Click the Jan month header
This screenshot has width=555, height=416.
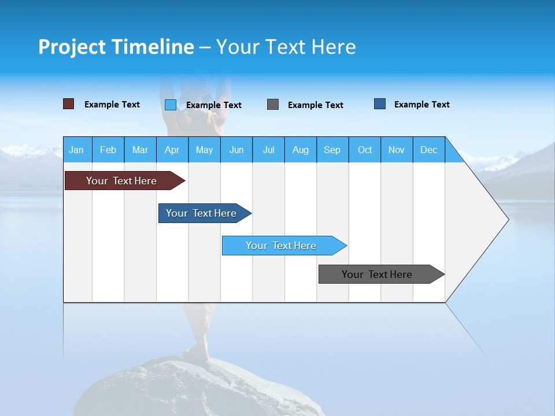click(x=77, y=150)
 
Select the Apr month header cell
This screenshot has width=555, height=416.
click(x=172, y=150)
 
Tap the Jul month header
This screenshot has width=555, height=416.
click(x=268, y=150)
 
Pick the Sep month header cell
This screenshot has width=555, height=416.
click(x=332, y=150)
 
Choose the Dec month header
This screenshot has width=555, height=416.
click(x=428, y=150)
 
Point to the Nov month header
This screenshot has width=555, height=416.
click(x=397, y=150)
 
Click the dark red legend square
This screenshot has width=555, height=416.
click(x=68, y=104)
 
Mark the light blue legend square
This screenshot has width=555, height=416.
click(x=171, y=105)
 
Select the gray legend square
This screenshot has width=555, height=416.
click(x=273, y=105)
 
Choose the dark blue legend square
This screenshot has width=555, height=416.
click(x=380, y=104)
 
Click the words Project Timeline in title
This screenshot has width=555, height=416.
click(x=116, y=47)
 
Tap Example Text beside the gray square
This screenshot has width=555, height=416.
click(x=315, y=105)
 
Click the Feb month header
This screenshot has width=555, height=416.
click(x=108, y=150)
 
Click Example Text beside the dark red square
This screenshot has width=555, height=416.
click(x=112, y=105)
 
